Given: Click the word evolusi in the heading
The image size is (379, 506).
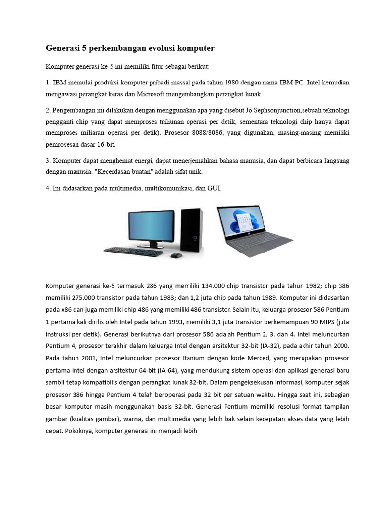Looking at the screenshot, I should (x=155, y=48).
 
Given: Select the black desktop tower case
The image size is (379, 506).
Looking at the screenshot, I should (x=191, y=230).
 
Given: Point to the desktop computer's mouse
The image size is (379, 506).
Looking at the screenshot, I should (x=175, y=255).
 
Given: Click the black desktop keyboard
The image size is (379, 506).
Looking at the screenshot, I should (x=133, y=252).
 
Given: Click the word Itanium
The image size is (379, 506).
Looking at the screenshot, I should (x=161, y=357).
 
